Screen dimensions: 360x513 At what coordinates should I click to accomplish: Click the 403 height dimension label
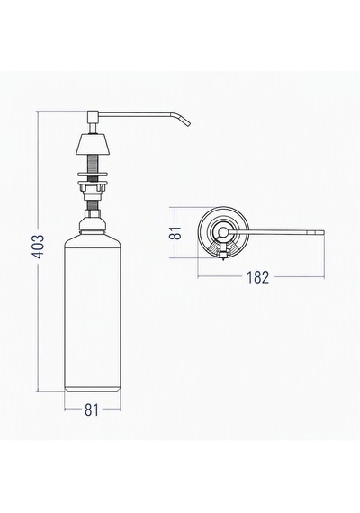40,246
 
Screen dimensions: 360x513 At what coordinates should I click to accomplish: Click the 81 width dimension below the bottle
92,409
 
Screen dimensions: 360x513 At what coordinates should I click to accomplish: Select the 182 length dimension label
257,277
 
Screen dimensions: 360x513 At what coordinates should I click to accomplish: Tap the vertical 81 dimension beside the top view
176,232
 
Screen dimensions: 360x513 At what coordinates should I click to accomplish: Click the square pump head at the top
93,116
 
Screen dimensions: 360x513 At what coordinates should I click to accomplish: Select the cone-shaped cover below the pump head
93,144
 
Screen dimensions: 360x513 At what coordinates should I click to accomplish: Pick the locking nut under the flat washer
93,187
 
